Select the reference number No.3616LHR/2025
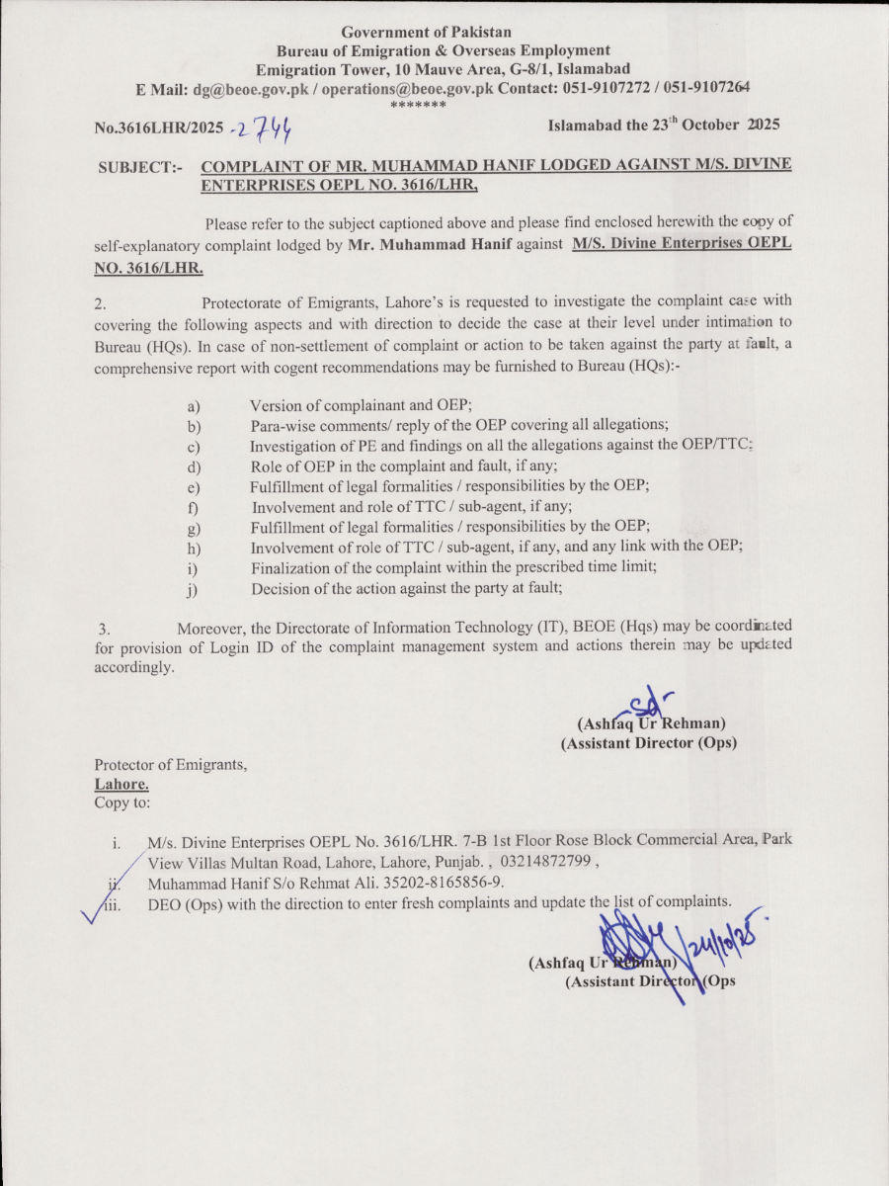(158, 127)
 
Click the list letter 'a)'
(195, 406)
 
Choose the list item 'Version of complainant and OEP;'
(362, 405)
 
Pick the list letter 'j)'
(194, 590)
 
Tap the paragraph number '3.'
(103, 629)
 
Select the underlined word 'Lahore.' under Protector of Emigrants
(121, 784)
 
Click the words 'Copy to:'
(122, 803)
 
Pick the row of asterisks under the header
(419, 104)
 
